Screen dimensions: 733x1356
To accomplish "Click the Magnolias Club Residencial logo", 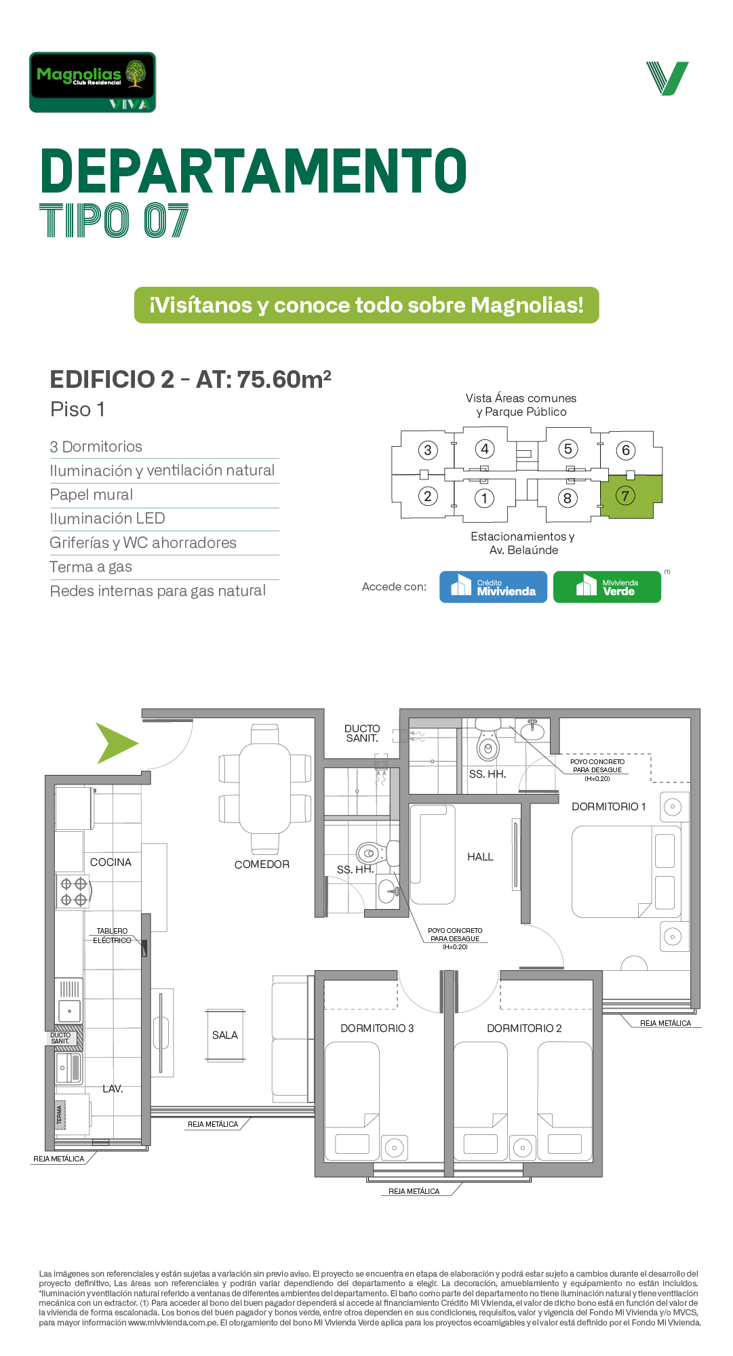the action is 92,82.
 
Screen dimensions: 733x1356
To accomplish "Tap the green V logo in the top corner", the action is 667,79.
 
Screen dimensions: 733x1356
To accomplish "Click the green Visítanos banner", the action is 366,305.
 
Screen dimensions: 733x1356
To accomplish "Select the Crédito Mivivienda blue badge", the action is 493,586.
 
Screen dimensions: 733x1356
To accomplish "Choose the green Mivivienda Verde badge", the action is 607,586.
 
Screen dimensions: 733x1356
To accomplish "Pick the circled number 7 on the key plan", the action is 625,496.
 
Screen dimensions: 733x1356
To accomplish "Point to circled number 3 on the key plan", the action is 427,450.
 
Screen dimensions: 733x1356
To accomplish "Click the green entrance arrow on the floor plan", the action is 117,743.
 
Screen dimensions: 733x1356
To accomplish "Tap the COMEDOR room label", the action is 262,864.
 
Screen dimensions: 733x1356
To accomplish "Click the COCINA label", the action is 111,862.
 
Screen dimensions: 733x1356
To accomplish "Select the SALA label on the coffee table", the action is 225,1035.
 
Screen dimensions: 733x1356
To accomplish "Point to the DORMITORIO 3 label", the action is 377,1029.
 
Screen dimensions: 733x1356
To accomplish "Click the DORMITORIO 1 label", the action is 609,807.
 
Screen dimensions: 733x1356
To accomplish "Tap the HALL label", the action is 480,857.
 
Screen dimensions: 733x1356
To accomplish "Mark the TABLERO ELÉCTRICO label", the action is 112,936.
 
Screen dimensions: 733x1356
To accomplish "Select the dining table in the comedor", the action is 265,789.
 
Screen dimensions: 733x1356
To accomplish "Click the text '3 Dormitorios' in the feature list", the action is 96,447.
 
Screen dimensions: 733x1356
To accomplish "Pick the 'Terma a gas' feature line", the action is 91,567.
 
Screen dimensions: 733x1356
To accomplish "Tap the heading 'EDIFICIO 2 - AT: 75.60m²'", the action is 191,379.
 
